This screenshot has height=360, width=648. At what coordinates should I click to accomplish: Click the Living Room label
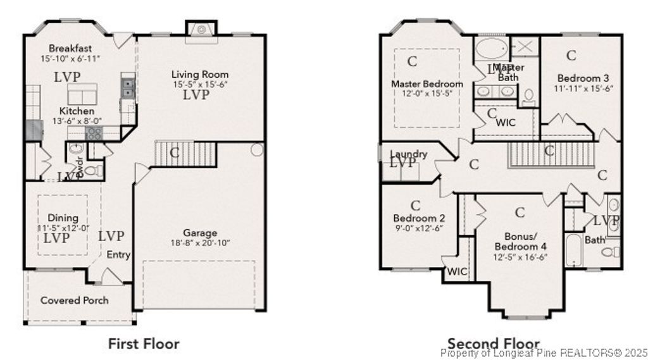[200, 75]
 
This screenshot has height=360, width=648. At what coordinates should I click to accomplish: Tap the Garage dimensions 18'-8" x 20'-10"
[200, 243]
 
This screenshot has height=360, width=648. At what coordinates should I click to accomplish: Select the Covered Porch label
[75, 300]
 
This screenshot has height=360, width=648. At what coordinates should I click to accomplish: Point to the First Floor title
[144, 344]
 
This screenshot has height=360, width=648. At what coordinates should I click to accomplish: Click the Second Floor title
[494, 344]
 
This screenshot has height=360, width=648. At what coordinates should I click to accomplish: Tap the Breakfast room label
[70, 48]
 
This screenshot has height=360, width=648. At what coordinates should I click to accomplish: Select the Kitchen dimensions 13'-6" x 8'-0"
[72, 121]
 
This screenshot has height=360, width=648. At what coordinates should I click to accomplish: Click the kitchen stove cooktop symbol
[94, 133]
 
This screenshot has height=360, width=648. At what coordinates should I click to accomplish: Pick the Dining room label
[63, 218]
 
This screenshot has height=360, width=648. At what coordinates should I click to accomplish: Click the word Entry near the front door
[118, 255]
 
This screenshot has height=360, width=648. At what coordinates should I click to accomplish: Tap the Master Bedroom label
[427, 84]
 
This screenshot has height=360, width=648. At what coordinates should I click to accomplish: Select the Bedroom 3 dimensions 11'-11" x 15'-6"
[583, 89]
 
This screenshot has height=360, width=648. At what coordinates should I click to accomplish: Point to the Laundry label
[409, 154]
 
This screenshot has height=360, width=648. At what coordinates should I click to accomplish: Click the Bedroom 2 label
[416, 218]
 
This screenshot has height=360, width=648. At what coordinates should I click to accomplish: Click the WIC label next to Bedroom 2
[457, 272]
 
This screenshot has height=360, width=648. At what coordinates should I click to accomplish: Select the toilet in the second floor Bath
[610, 252]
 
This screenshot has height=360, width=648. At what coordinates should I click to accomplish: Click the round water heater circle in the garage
[256, 150]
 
